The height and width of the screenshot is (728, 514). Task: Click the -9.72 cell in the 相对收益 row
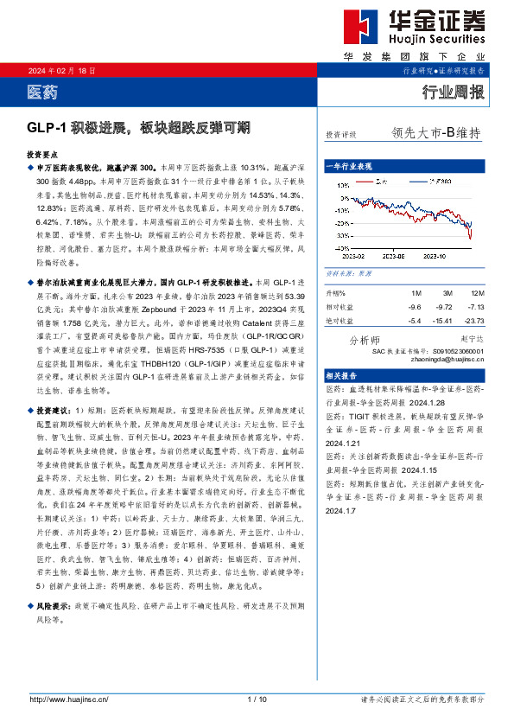[x=443, y=307]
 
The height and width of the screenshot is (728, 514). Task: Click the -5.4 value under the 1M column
[x=415, y=320]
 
